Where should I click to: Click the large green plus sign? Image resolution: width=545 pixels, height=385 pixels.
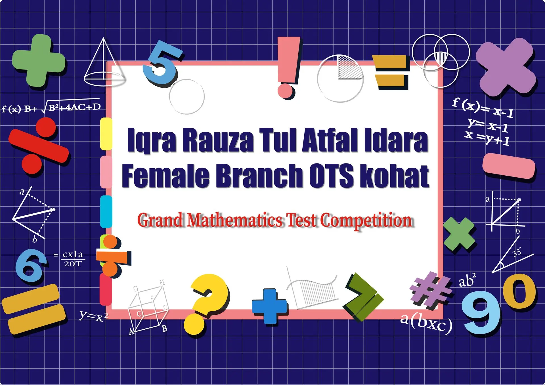pyautogui.click(x=39, y=60)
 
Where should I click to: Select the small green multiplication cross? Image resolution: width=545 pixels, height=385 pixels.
pyautogui.click(x=459, y=234)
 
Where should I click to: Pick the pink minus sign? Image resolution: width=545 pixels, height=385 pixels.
pyautogui.click(x=509, y=166)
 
